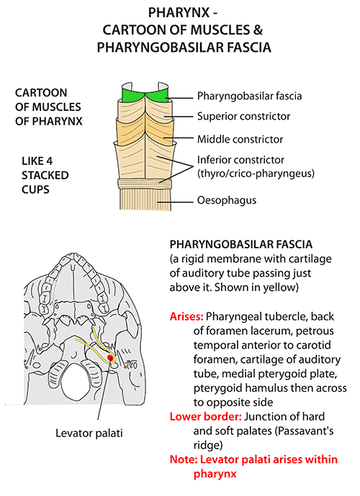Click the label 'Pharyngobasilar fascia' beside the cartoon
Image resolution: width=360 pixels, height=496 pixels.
(249, 96)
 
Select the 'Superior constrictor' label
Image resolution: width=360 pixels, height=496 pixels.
(243, 116)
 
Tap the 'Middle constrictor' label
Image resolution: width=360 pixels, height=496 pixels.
(240, 139)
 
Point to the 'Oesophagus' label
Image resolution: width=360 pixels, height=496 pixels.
(227, 200)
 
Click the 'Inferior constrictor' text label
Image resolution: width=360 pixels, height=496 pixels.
(240, 160)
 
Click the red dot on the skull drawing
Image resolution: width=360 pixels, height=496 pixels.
(110, 358)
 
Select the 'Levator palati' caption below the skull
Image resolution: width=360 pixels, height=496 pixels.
(89, 433)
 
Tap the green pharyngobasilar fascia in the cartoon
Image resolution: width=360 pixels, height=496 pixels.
(145, 95)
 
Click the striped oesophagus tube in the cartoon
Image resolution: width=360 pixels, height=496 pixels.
(145, 199)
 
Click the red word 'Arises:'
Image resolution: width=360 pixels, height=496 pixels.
(186, 316)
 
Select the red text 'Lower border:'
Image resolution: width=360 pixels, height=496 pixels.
(206, 416)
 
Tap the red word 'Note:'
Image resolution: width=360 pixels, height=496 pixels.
(184, 459)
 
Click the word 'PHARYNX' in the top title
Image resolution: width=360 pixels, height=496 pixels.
(179, 13)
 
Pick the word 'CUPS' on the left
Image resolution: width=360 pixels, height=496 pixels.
(35, 189)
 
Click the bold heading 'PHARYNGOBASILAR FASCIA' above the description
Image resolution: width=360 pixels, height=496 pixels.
(241, 244)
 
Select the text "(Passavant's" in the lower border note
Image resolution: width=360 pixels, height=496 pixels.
(304, 430)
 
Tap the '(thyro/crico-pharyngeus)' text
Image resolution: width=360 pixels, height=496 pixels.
(256, 173)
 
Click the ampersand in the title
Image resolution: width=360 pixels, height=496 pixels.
(258, 30)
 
